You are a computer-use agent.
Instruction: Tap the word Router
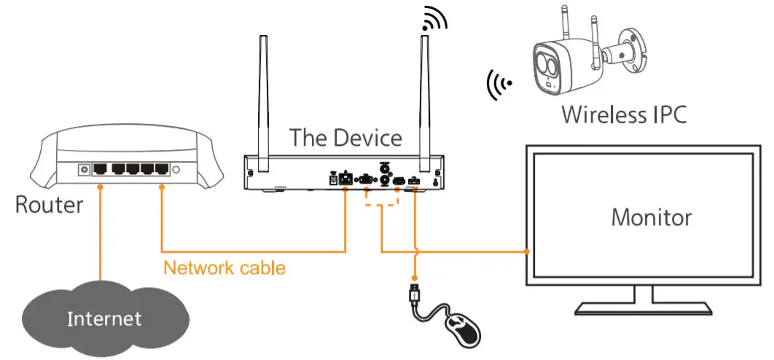[49, 205]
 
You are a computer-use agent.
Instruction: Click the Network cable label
[224, 267]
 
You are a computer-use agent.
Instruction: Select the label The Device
[345, 137]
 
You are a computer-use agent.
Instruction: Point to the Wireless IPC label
[624, 114]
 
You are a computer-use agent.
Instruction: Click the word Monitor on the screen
[651, 216]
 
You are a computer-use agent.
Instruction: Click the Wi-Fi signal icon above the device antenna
[436, 20]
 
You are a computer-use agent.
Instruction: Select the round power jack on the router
[84, 169]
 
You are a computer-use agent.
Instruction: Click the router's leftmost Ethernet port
[101, 170]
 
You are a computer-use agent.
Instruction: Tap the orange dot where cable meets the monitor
[527, 252]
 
